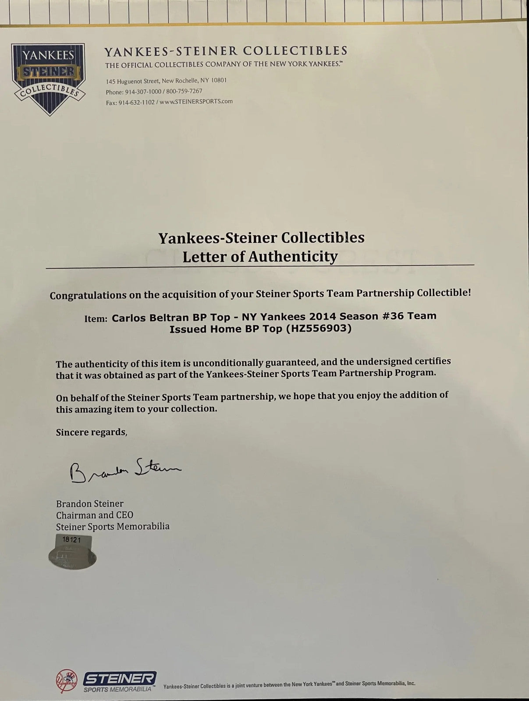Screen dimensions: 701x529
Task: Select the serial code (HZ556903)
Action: point(319,329)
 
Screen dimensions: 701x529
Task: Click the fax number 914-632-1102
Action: point(135,102)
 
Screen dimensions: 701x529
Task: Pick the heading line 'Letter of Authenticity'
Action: point(260,256)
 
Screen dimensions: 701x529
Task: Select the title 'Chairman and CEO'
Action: point(95,515)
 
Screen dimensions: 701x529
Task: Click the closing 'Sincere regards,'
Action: point(92,432)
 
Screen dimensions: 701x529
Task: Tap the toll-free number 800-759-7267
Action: point(185,91)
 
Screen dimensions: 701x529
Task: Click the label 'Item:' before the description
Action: point(96,319)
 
